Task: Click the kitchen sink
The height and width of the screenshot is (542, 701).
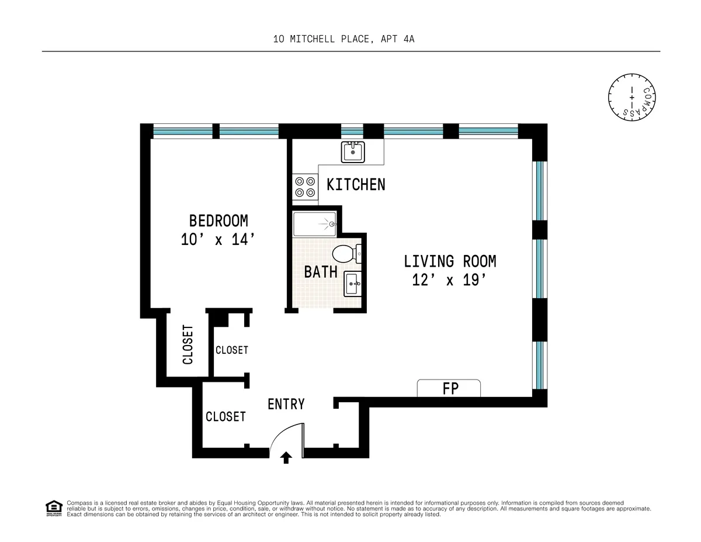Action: [352, 152]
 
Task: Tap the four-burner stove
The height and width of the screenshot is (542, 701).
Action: [304, 187]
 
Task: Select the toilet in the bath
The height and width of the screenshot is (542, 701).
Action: [345, 254]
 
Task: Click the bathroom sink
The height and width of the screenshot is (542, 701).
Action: [353, 284]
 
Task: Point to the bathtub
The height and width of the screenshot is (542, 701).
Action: [314, 224]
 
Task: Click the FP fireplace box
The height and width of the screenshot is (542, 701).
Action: [449, 388]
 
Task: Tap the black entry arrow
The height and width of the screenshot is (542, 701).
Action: [286, 457]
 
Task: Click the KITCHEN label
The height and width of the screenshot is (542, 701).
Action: [356, 185]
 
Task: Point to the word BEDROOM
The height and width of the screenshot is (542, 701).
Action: [218, 221]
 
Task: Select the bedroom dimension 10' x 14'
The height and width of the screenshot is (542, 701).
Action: [218, 240]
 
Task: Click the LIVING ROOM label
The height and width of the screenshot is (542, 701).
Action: [450, 261]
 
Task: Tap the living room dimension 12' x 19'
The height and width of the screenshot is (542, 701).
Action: [450, 280]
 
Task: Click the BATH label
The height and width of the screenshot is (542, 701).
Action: [321, 272]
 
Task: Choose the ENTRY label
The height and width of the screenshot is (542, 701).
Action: [286, 404]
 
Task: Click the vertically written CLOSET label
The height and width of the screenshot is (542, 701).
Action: [188, 344]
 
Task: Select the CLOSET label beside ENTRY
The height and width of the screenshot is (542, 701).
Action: [225, 416]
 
